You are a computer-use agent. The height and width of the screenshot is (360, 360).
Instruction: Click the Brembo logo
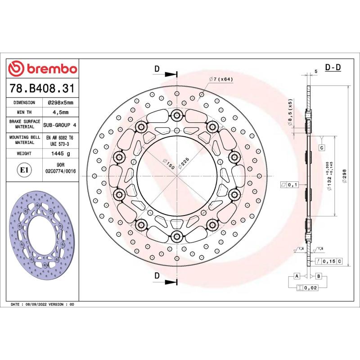click(43, 69)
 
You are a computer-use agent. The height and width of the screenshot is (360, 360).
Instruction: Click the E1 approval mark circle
click(23, 170)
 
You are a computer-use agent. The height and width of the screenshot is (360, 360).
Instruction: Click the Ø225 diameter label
click(183, 163)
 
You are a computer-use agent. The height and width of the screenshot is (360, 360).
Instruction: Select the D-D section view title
click(333, 68)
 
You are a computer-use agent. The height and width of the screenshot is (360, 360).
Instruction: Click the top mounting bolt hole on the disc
click(175, 116)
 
